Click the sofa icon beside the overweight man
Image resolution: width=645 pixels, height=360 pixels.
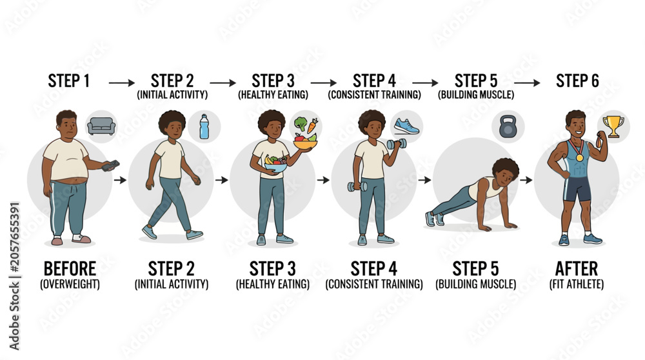(101, 126)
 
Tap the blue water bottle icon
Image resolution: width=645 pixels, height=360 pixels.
(204, 126)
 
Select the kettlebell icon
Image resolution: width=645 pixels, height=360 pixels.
(508, 126)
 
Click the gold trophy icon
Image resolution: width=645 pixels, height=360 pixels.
(613, 126)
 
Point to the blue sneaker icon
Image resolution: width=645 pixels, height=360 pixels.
(406, 126)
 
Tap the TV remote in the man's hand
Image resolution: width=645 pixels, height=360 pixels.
(111, 165)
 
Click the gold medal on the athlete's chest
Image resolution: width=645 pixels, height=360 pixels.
(579, 157)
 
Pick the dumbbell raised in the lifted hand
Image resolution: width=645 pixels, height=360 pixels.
(397, 144)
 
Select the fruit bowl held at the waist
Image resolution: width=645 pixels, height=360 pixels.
(275, 165)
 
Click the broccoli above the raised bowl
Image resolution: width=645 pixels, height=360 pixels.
(301, 123)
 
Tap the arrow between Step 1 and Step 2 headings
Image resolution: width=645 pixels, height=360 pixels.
(122, 83)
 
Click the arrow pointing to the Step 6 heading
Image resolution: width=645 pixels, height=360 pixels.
(527, 83)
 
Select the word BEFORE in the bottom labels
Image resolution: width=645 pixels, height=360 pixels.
(70, 269)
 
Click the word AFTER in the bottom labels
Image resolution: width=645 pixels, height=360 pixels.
(576, 269)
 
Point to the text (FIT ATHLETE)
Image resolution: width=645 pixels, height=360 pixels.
(576, 285)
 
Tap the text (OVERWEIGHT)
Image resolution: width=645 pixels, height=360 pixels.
(70, 285)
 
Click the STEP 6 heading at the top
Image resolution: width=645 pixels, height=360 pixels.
(577, 81)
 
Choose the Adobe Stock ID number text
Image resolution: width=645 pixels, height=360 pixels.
(14, 237)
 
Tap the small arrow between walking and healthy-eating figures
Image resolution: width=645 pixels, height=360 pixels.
(221, 180)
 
